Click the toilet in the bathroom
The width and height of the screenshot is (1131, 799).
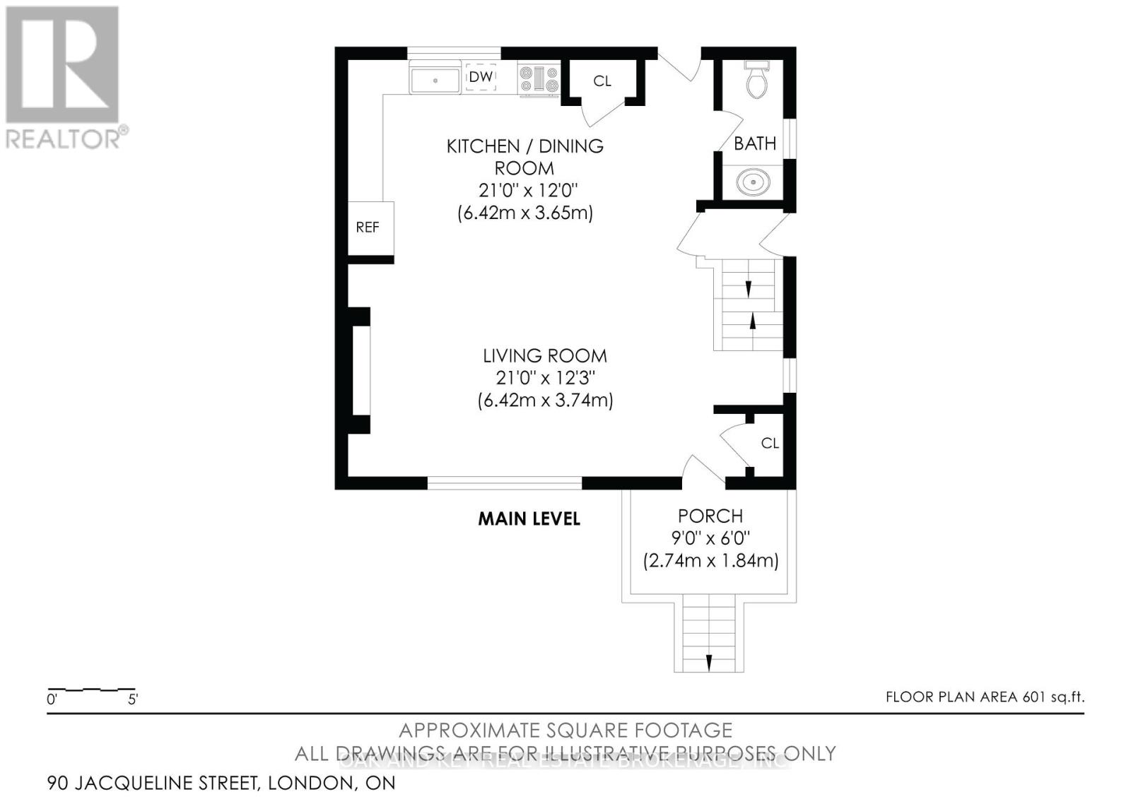click(756, 80)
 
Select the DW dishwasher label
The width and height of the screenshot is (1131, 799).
click(481, 77)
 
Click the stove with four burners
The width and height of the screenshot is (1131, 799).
click(539, 78)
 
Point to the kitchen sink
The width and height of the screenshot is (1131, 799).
click(435, 78)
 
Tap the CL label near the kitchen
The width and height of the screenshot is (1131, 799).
click(602, 81)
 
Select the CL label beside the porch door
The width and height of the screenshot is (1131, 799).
click(770, 443)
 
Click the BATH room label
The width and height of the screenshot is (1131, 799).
click(755, 143)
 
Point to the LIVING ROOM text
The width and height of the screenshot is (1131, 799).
click(545, 355)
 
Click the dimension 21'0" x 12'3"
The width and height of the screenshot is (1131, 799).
click(545, 378)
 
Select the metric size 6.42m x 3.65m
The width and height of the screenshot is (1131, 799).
click(525, 213)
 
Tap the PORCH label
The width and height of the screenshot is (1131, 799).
click(710, 516)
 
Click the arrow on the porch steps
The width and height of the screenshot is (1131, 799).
click(708, 662)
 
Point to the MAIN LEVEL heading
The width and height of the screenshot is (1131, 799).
click(529, 519)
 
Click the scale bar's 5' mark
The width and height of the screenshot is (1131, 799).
click(133, 700)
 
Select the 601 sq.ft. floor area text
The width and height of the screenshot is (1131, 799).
click(1053, 697)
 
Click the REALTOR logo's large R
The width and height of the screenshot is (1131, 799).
click(62, 65)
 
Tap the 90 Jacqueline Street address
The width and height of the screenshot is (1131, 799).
click(221, 783)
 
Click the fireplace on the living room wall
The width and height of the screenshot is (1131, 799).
click(360, 370)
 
